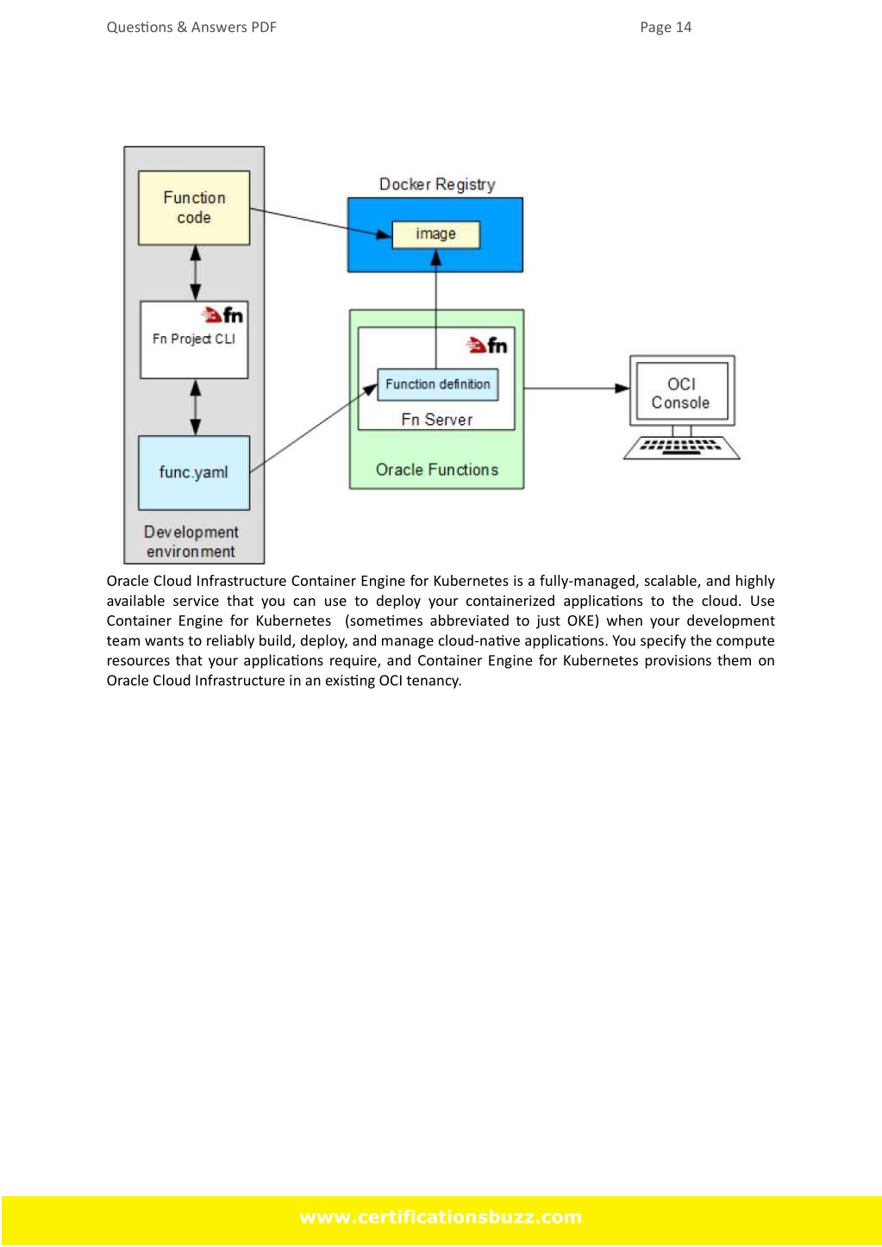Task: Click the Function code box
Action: coord(194,208)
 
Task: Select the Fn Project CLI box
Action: coord(194,340)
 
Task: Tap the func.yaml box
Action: coord(194,472)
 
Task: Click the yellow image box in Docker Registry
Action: coord(436,234)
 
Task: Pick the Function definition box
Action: coord(438,384)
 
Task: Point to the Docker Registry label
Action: coord(437,184)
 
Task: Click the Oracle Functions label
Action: coord(437,470)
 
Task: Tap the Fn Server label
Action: coord(437,420)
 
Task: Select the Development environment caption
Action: coord(191,542)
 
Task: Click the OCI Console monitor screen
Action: coord(681,390)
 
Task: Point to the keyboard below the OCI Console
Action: coord(681,447)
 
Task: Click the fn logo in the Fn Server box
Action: coord(487,346)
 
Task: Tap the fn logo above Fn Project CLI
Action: coord(222,315)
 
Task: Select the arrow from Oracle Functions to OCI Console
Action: coord(577,388)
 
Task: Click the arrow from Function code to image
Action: coord(321,222)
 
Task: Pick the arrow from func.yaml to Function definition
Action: coord(314,428)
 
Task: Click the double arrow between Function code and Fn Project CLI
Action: coord(196,273)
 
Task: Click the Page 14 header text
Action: coord(666,28)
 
